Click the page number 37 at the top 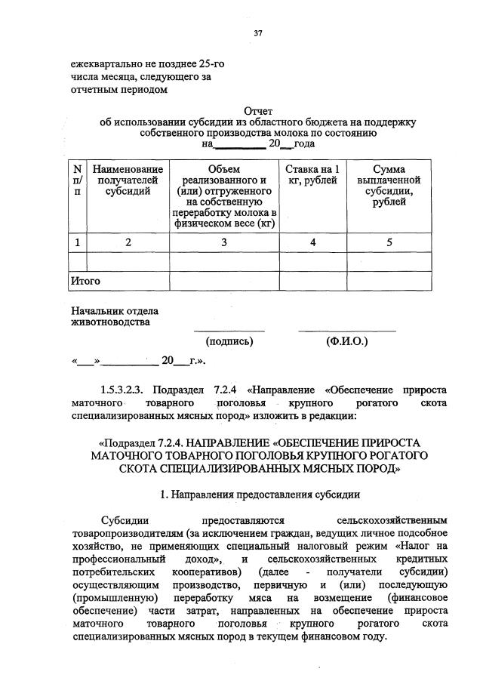click(258, 32)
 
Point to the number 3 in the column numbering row click(223, 242)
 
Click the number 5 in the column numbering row click(389, 242)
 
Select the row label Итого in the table click(85, 281)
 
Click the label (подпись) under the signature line click(229, 341)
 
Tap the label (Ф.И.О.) click(346, 341)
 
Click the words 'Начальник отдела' click(115, 310)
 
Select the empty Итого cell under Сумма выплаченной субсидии click(389, 281)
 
